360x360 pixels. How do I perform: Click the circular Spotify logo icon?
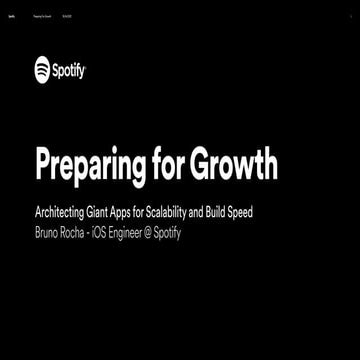(42, 70)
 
